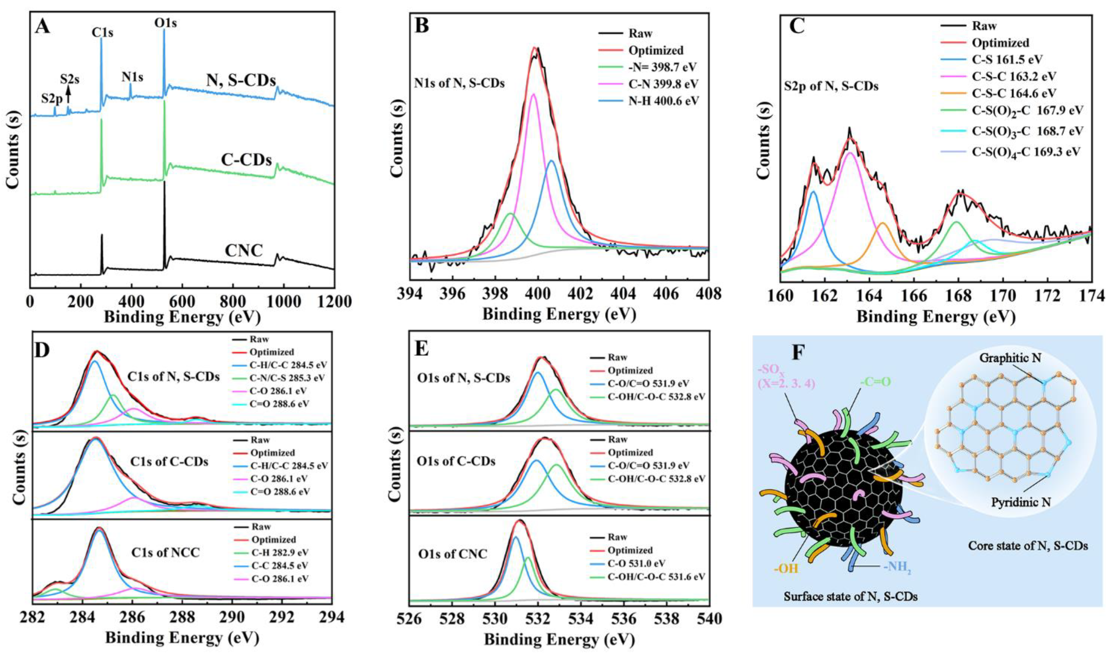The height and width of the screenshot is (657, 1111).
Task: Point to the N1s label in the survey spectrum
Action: point(132,77)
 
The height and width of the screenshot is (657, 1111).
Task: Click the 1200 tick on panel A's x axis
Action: point(334,302)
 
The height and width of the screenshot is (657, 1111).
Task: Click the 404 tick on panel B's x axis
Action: point(623,294)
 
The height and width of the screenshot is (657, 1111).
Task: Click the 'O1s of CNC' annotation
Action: point(452,553)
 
